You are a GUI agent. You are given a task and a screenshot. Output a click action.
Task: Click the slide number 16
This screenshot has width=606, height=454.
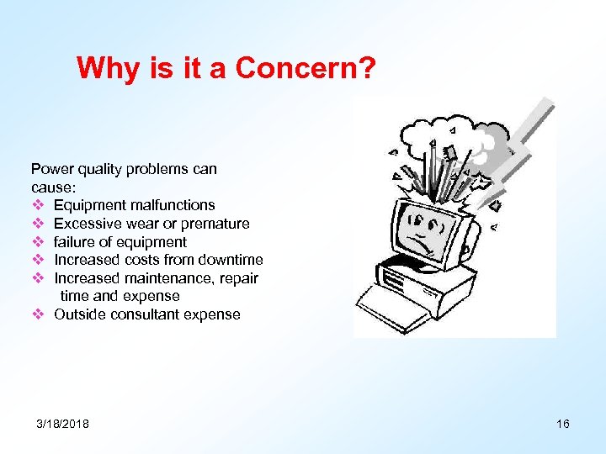coord(563,424)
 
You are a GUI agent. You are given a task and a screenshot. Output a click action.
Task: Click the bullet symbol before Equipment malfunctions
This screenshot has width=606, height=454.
coord(37,205)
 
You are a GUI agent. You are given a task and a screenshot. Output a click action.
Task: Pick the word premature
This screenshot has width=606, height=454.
coord(217,224)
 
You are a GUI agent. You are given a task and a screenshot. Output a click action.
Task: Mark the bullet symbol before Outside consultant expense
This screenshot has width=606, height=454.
coord(37,314)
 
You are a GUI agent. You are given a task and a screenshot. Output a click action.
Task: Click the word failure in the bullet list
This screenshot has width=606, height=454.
coord(77,242)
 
